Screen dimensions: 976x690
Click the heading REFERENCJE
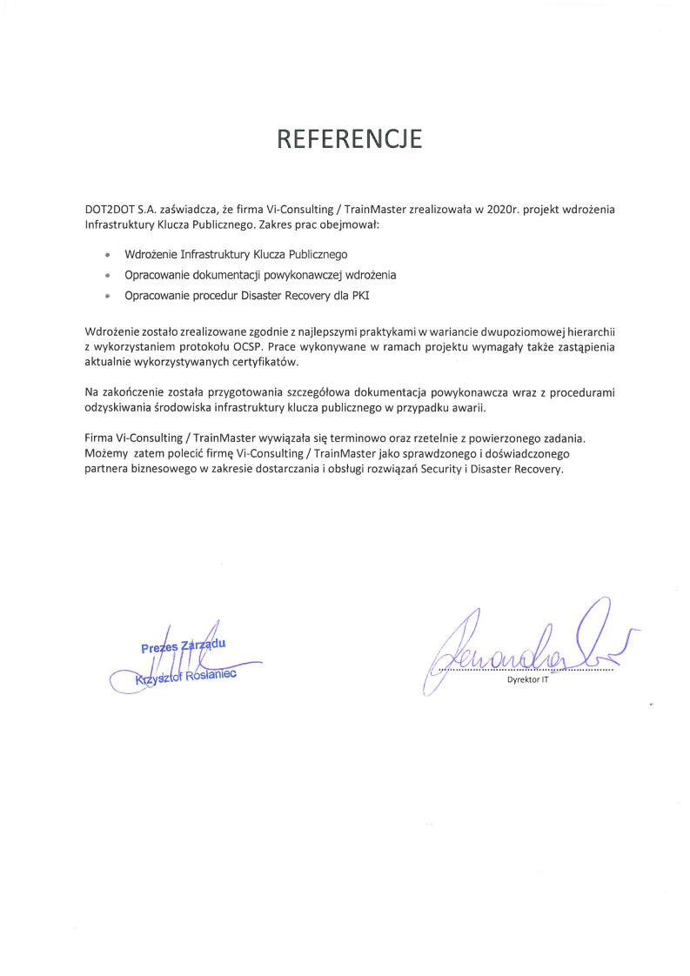click(x=349, y=139)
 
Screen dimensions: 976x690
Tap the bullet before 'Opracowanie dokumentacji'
click(x=107, y=275)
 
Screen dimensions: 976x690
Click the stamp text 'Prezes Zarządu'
click(x=184, y=645)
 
